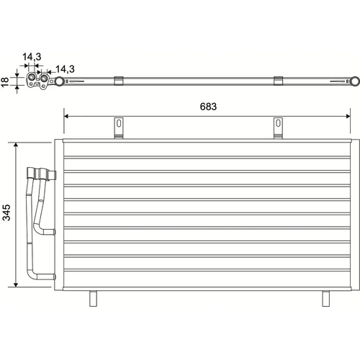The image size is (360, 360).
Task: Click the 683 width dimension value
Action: (x=208, y=107)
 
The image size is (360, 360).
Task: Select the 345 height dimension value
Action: (x=6, y=212)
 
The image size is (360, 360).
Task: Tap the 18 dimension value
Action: (x=5, y=82)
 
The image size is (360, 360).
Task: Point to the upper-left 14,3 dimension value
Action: (x=32, y=57)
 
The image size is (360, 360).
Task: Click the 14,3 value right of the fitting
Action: (x=65, y=69)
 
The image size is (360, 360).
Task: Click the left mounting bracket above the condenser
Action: (x=119, y=128)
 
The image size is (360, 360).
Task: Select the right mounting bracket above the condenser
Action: (x=278, y=128)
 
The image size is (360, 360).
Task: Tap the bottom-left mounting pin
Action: (x=93, y=299)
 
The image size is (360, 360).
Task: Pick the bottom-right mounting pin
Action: (x=325, y=299)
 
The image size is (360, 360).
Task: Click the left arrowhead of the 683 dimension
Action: (x=66, y=117)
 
